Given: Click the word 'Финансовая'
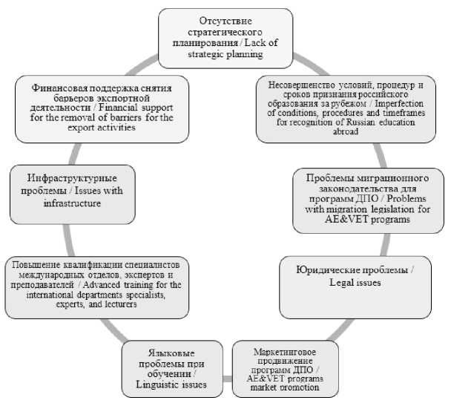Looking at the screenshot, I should click(x=56, y=87).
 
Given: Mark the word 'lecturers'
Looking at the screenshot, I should click(x=92, y=304).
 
